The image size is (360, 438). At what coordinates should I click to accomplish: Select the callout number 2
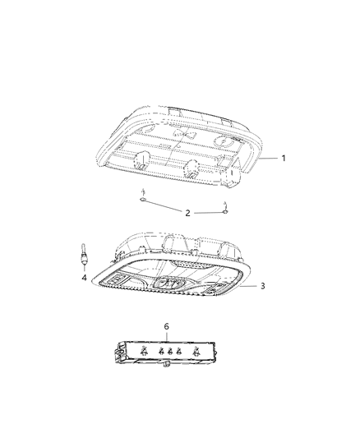[187, 213]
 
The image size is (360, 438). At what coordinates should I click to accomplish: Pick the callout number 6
[167, 326]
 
